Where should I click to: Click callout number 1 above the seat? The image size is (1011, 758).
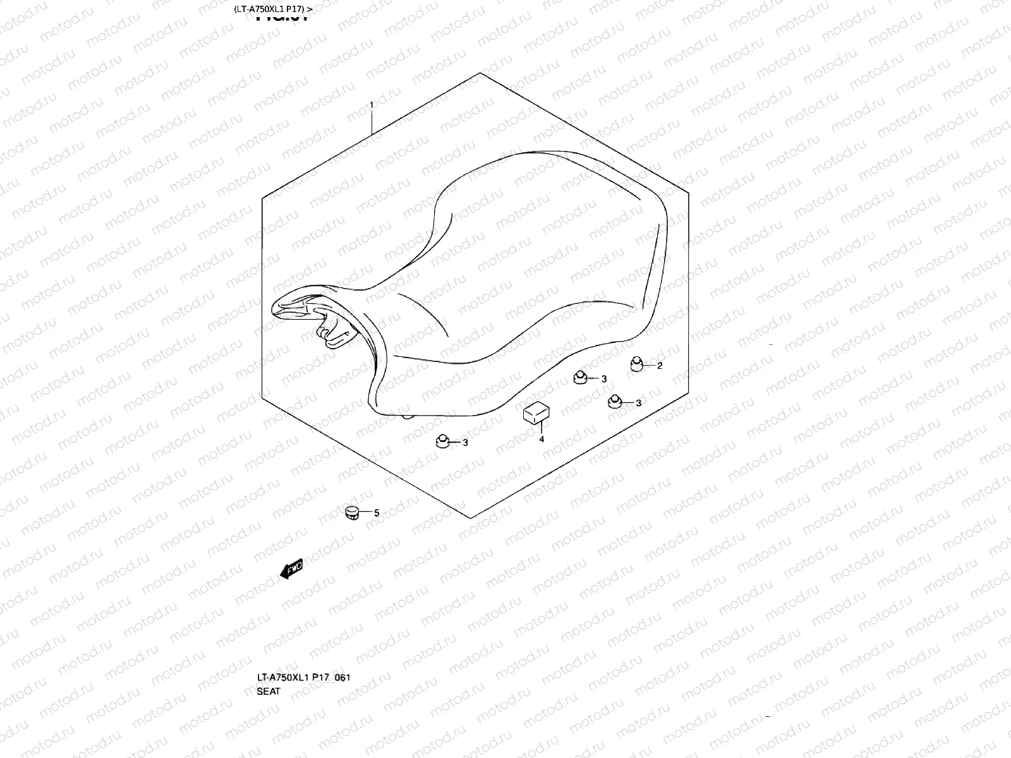click(x=372, y=105)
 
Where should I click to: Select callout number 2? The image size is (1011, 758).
click(x=660, y=366)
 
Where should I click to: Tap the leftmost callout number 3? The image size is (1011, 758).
click(x=465, y=443)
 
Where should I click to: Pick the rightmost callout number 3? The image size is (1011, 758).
click(x=638, y=403)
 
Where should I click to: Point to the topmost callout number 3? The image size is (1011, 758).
click(x=603, y=379)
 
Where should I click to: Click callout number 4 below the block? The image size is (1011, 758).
click(x=542, y=440)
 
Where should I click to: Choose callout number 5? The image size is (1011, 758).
click(x=377, y=514)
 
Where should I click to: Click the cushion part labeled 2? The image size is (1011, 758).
click(x=637, y=364)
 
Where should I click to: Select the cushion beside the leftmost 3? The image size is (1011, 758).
click(x=442, y=440)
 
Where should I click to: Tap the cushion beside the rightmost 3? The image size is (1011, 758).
click(x=615, y=401)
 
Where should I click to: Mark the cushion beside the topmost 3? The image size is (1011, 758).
click(x=580, y=378)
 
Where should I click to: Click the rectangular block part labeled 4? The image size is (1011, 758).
click(x=535, y=412)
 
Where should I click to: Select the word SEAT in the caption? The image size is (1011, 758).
click(x=269, y=691)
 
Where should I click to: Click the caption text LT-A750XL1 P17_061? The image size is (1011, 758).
click(x=303, y=678)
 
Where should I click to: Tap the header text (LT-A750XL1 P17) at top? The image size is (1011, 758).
click(x=272, y=9)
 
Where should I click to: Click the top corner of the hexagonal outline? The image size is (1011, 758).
click(x=480, y=73)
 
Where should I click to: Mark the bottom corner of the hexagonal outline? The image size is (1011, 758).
click(x=471, y=518)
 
